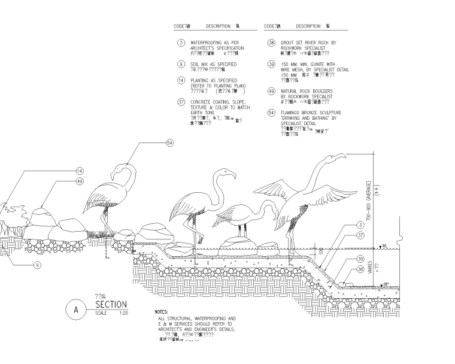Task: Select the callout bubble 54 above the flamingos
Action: (169, 143)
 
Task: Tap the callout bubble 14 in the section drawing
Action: (80, 171)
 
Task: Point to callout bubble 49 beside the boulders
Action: (80, 181)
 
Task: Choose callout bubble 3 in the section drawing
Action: (361, 225)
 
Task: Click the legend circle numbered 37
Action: (180, 102)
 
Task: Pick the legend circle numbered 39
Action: (271, 64)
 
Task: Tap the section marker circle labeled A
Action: (76, 310)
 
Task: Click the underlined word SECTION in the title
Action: (111, 305)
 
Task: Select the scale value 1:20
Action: (124, 313)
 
